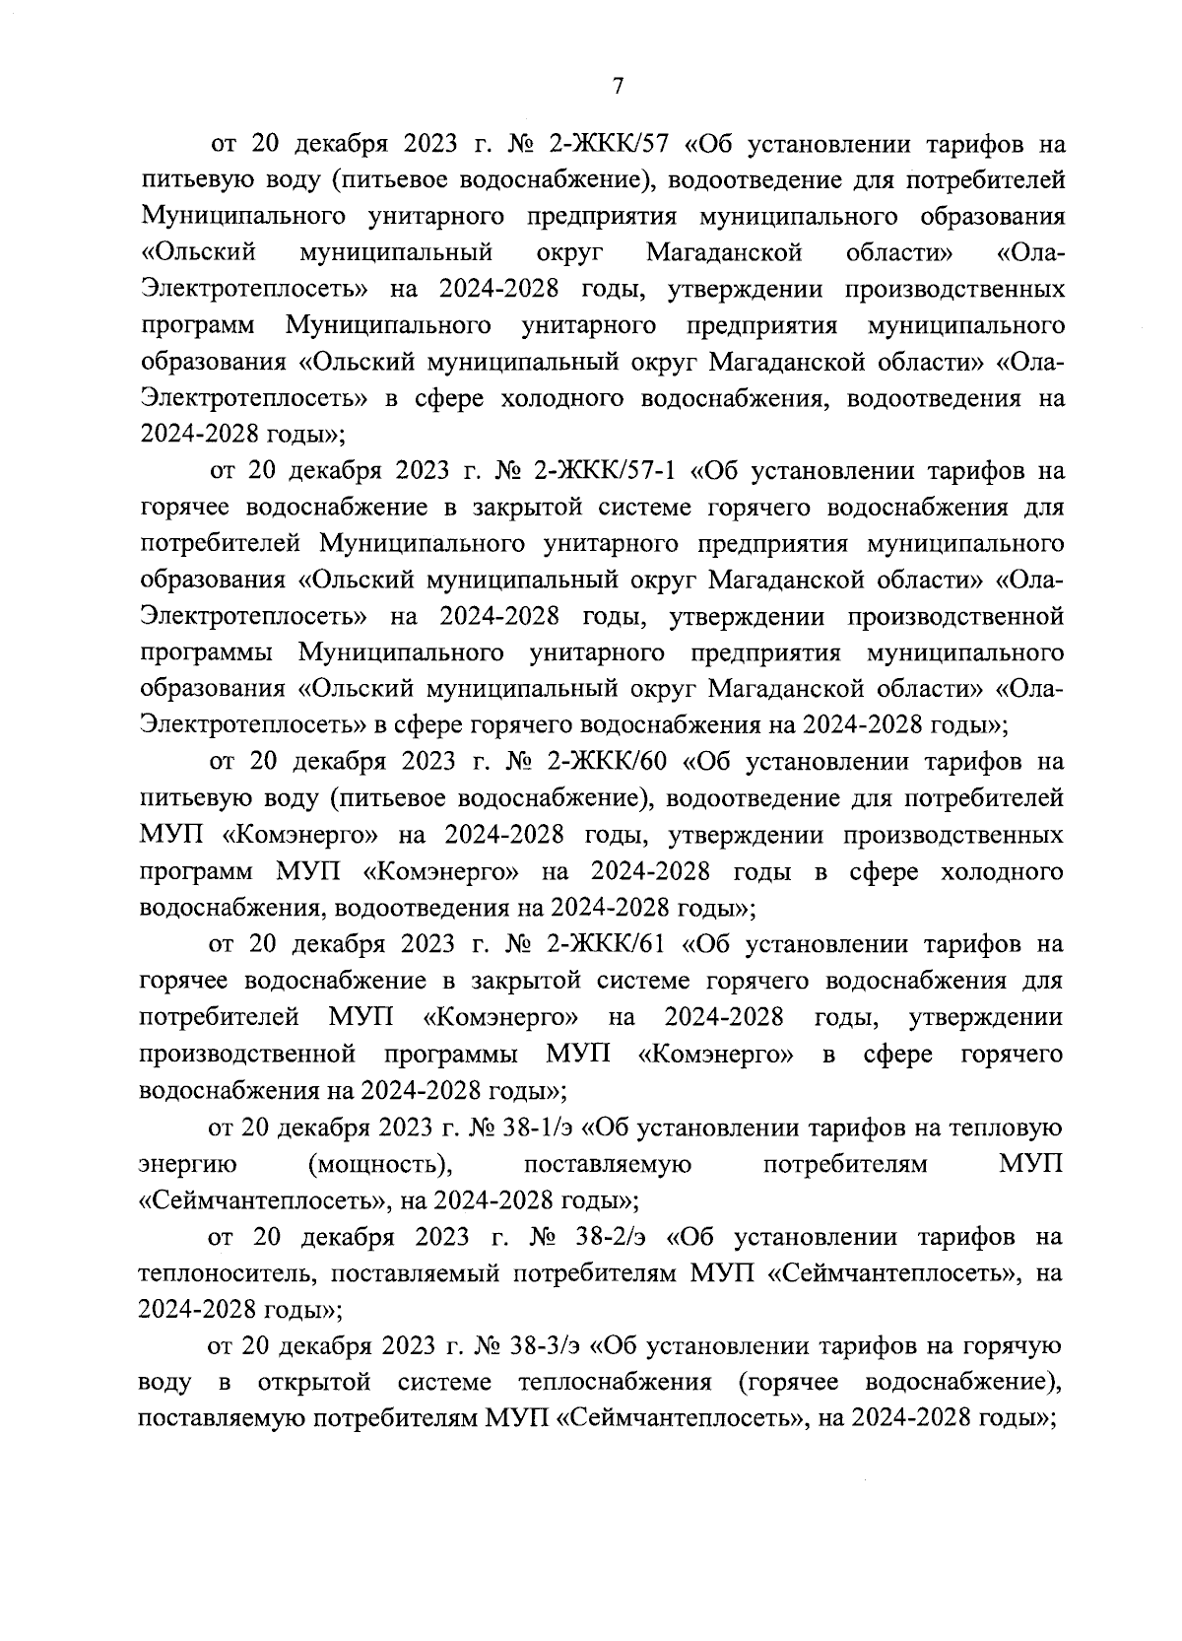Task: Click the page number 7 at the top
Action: [618, 87]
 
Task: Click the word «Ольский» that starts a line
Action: [199, 253]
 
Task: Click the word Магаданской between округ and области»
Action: [724, 253]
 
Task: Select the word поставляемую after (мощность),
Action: [607, 1164]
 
